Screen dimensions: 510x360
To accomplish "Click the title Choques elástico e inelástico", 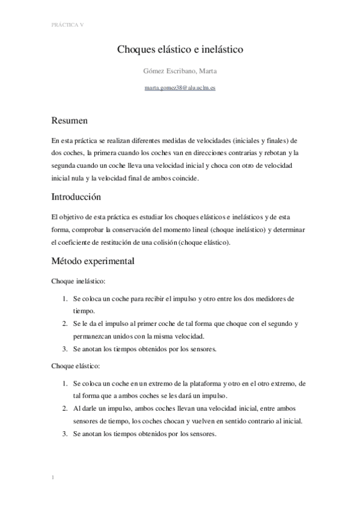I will [x=180, y=51].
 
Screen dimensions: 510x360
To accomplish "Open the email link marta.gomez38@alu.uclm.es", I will [x=180, y=88].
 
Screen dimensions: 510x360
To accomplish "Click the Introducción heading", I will [x=76, y=197].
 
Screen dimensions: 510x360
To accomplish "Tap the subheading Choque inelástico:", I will [x=79, y=281].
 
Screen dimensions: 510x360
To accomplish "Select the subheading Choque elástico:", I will [x=75, y=366].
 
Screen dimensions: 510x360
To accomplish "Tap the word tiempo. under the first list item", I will [x=84, y=311].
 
